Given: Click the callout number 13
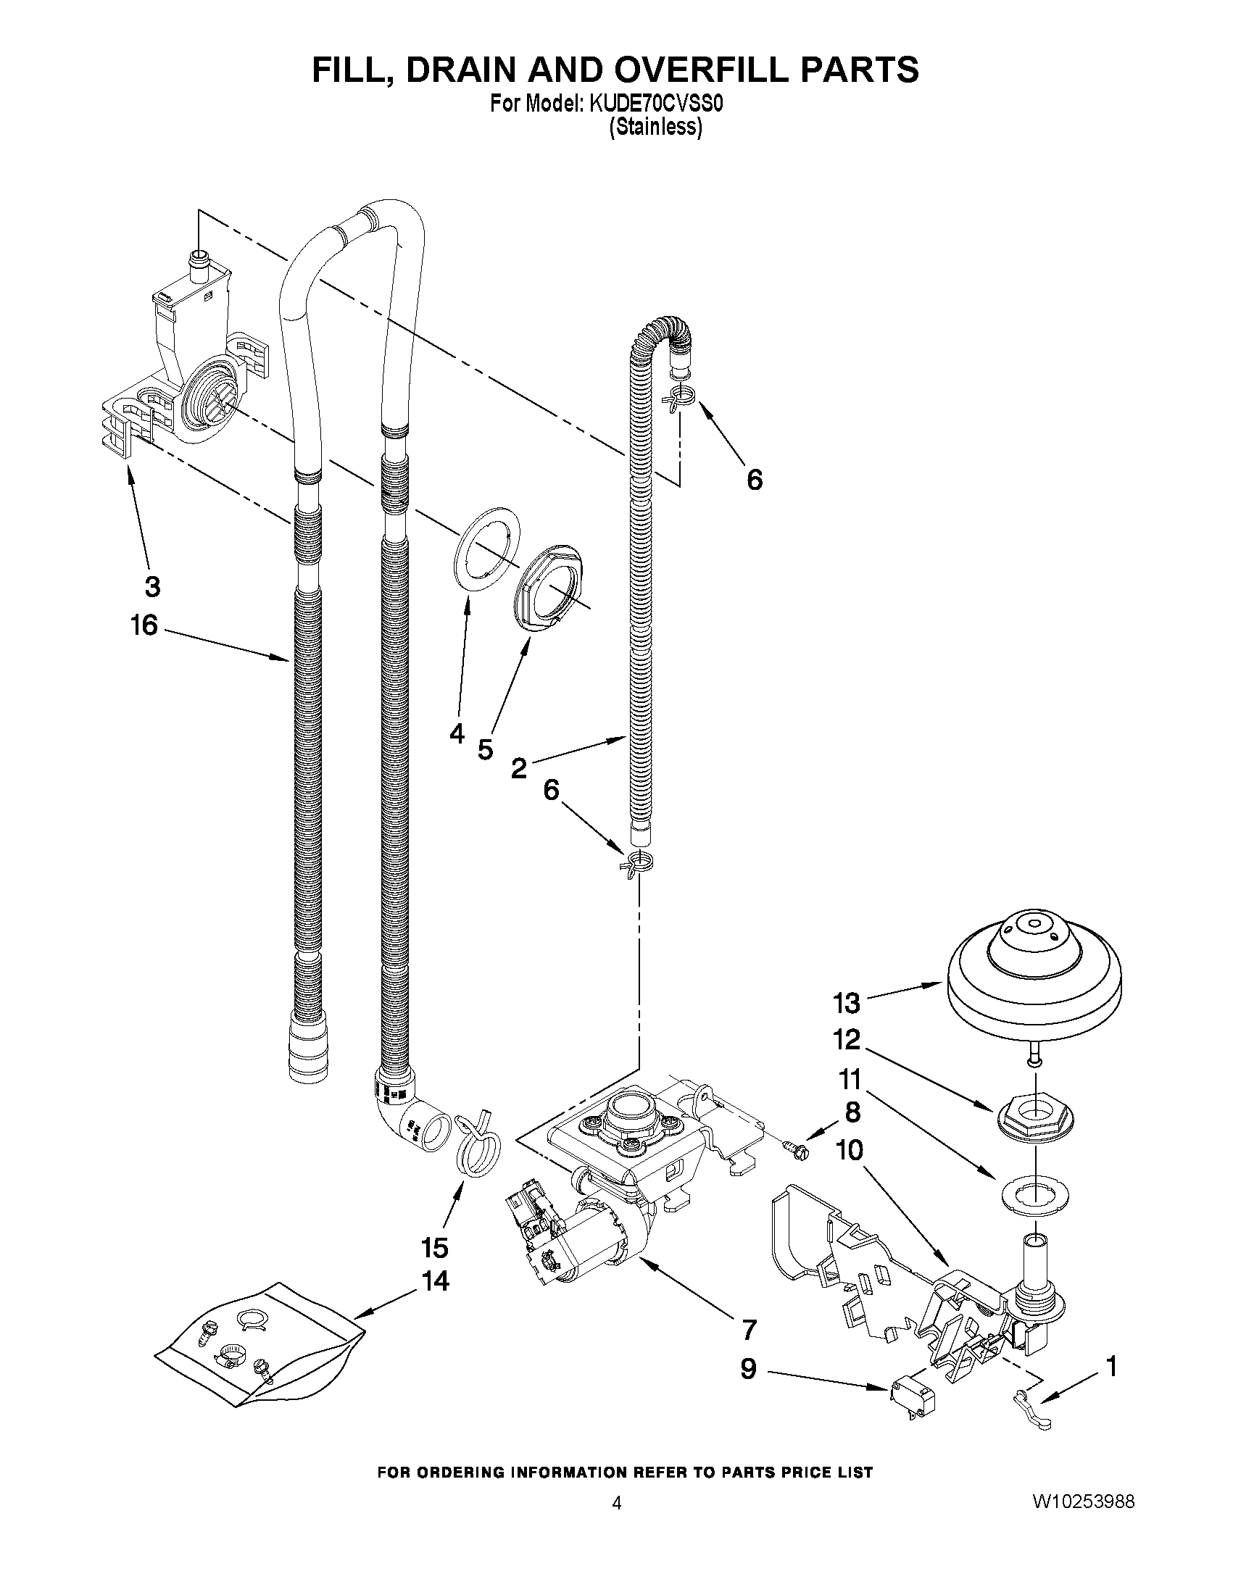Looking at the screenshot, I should tap(847, 1004).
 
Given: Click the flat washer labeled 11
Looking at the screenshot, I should tap(1035, 1195).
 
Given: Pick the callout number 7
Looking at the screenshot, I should tap(749, 1330).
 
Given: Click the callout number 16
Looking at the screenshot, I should tap(144, 625).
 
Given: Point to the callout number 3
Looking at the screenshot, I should tap(152, 586).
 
